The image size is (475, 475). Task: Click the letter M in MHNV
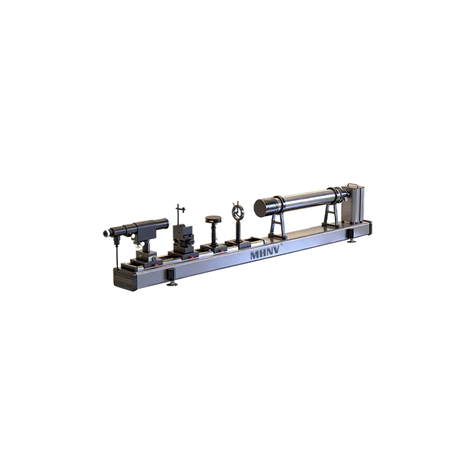(x=255, y=256)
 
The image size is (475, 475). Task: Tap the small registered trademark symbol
(x=284, y=245)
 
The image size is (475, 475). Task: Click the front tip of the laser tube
(x=105, y=233)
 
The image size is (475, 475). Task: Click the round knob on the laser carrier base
(x=154, y=257)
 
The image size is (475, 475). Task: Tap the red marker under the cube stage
(x=191, y=257)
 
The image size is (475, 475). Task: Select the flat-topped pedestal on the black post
(x=213, y=220)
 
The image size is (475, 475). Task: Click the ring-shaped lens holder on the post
(x=237, y=209)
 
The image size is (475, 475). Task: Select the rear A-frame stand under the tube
(x=331, y=216)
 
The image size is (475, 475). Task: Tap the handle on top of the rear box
(x=352, y=184)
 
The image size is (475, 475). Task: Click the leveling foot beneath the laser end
(x=173, y=284)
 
